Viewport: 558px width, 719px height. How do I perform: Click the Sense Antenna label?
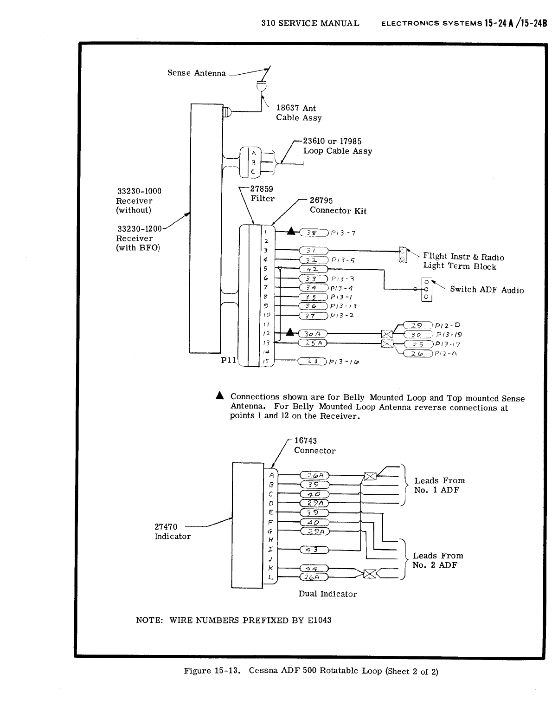pos(197,73)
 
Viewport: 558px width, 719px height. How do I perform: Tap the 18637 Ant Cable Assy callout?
pos(299,113)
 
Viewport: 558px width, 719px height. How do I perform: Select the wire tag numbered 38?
pos(314,233)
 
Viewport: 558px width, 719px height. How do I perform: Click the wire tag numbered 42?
pos(314,269)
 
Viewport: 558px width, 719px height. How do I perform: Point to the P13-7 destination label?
pos(343,233)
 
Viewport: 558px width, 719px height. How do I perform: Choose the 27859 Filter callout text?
pos(262,194)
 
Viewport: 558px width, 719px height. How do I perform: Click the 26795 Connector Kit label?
pos(338,206)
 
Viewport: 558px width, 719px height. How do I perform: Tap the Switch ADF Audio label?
pos(487,290)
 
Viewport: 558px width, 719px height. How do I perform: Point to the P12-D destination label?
pos(448,325)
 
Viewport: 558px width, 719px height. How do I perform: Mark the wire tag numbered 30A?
pos(313,334)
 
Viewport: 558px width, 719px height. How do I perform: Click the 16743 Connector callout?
pos(314,446)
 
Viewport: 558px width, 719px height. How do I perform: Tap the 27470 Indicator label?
pos(172,531)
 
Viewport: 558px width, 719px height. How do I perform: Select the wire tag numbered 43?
pos(314,550)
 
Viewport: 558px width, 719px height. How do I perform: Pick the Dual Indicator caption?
pos(327,594)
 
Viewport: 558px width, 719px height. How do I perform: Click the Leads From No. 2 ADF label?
pos(437,560)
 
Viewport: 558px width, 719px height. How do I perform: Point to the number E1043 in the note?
pos(319,620)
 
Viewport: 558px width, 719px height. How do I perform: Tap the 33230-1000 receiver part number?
pos(139,191)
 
